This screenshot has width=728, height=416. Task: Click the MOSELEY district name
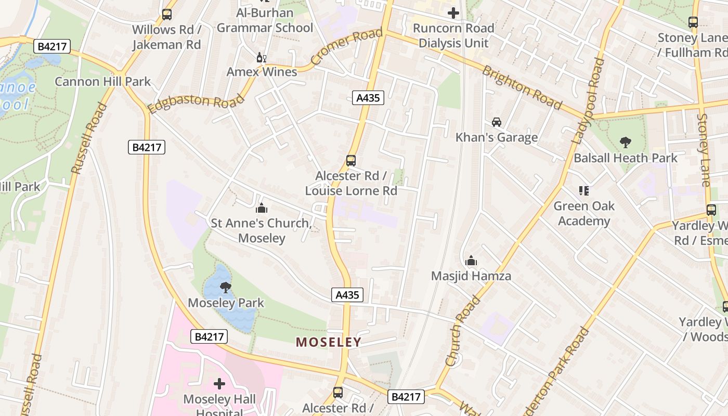328,342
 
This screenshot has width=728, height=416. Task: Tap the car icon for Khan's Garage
497,122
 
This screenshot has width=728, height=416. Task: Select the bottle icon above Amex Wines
261,57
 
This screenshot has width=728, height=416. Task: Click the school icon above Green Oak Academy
584,191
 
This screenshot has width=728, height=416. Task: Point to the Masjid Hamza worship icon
471,261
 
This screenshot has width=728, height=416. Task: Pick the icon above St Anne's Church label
262,208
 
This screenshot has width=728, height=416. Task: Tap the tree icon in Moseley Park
225,287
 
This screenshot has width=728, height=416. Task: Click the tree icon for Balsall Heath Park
626,142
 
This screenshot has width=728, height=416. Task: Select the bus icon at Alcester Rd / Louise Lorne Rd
351,161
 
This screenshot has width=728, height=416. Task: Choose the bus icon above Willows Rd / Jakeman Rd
166,15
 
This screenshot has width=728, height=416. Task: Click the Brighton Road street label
522,88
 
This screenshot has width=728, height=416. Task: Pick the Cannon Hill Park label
102,82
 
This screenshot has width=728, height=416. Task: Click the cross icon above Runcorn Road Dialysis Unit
453,13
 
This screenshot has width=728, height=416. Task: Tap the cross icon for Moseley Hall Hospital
219,384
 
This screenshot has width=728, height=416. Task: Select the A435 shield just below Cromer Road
368,97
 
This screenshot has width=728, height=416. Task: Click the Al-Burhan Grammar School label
265,20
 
